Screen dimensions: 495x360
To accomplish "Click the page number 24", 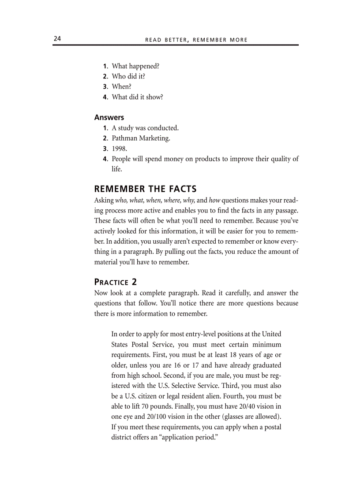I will [x=57, y=39].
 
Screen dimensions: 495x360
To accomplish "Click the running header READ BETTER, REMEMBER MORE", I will [x=196, y=40].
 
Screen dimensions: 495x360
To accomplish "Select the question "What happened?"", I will [x=135, y=66].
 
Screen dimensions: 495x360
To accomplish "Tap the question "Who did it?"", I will [x=128, y=76].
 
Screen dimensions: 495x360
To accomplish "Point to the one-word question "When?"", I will [x=121, y=86].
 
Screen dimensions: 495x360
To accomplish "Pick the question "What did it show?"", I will [x=137, y=97].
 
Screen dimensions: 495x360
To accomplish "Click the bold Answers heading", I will [x=109, y=117].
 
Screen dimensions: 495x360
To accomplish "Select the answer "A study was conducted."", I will [x=145, y=128].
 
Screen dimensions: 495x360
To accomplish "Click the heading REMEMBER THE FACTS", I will [x=145, y=189].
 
